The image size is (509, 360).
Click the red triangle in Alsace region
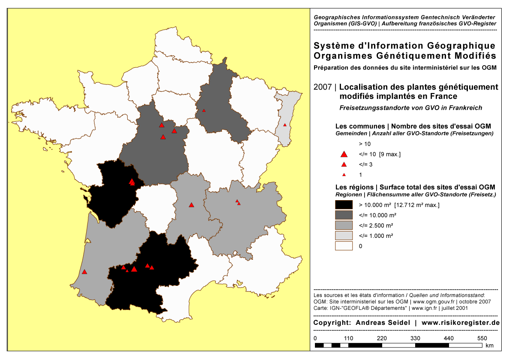coord(284,125)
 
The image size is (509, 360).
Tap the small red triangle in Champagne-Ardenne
coord(204,111)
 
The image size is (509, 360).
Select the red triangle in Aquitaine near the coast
coord(84,272)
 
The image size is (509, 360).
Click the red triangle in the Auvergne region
coord(191,205)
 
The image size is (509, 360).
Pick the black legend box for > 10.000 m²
coord(344,205)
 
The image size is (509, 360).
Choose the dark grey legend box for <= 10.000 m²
coord(344,215)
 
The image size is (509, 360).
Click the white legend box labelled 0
coord(344,246)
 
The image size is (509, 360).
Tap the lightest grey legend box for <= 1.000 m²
coord(344,236)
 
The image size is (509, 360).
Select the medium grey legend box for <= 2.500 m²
coord(344,225)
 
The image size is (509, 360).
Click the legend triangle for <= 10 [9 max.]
coord(343,154)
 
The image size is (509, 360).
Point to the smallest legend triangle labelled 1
coord(344,175)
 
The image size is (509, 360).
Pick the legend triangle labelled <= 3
coord(344,165)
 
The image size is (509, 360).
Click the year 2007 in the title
coord(322,87)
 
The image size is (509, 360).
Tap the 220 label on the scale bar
coord(382,338)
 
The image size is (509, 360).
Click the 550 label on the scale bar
coord(482,338)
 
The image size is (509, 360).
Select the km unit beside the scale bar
coord(490,345)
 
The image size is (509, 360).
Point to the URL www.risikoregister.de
coord(461,323)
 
